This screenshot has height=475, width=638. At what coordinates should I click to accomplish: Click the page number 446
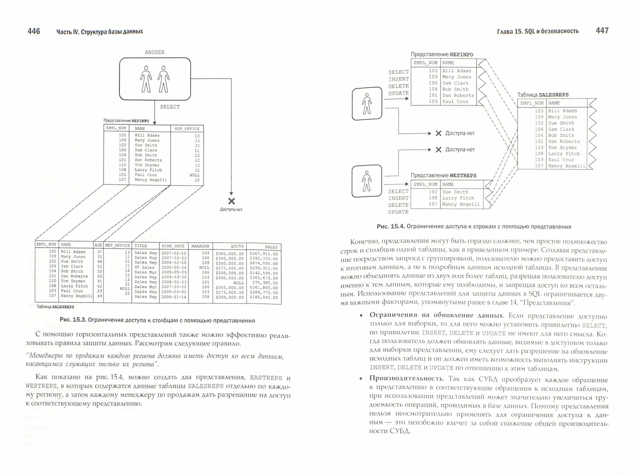click(x=33, y=31)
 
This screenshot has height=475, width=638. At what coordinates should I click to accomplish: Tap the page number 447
click(x=602, y=31)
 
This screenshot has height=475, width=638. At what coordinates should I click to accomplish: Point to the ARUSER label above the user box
click(x=155, y=52)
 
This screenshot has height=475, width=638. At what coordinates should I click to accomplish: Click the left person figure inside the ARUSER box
click(x=146, y=79)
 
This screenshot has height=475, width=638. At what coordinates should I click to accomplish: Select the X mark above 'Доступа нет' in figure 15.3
click(x=231, y=201)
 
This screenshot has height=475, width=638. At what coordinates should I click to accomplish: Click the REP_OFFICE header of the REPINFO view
click(x=187, y=129)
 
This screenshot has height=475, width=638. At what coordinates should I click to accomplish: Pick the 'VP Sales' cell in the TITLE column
click(x=144, y=267)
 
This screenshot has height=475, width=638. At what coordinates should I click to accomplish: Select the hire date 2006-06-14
click(x=174, y=267)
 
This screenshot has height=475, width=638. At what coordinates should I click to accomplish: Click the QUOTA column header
click(x=237, y=246)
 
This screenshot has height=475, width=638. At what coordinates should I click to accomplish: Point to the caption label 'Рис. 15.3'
click(x=72, y=320)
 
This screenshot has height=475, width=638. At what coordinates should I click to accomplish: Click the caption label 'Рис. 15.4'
click(x=390, y=226)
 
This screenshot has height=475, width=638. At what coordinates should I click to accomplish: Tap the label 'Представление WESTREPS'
click(x=443, y=175)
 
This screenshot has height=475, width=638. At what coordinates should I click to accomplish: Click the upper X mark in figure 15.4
click(x=438, y=133)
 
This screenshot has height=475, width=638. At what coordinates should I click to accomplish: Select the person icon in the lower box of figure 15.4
click(x=367, y=181)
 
